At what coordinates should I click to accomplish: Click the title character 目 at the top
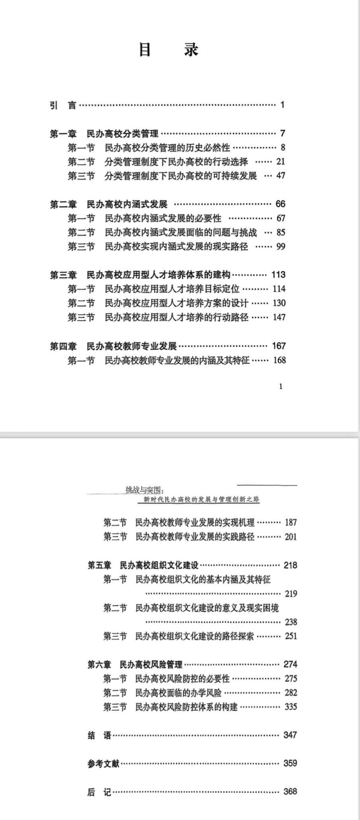click(x=145, y=50)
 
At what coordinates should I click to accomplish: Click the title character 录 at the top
click(x=192, y=50)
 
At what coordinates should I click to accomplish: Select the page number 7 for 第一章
click(x=282, y=133)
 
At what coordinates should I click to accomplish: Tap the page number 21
click(x=281, y=162)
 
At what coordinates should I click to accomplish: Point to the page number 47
click(x=281, y=176)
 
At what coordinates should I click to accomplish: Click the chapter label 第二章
click(x=63, y=204)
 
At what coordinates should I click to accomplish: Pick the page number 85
click(x=281, y=233)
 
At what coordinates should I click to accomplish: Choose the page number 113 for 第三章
click(x=278, y=275)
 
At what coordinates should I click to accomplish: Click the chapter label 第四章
click(x=63, y=346)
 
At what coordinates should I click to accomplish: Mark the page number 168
click(x=280, y=360)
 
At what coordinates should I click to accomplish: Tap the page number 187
click(x=291, y=523)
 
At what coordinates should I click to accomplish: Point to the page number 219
click(x=291, y=594)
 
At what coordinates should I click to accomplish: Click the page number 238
click(x=291, y=622)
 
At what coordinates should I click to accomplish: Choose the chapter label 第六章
click(x=100, y=664)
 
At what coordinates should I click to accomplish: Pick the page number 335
click(x=291, y=707)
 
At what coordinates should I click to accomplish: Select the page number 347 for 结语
click(x=290, y=735)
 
